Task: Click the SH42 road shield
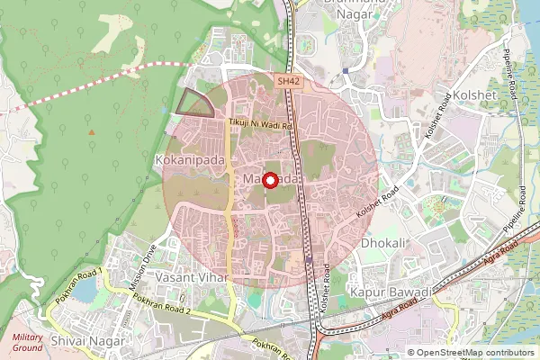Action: click(286, 81)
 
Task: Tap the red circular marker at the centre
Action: click(269, 179)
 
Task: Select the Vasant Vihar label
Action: click(187, 278)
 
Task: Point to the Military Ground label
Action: click(27, 341)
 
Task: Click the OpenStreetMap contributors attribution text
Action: click(475, 353)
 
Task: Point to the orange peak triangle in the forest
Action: click(91, 133)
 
